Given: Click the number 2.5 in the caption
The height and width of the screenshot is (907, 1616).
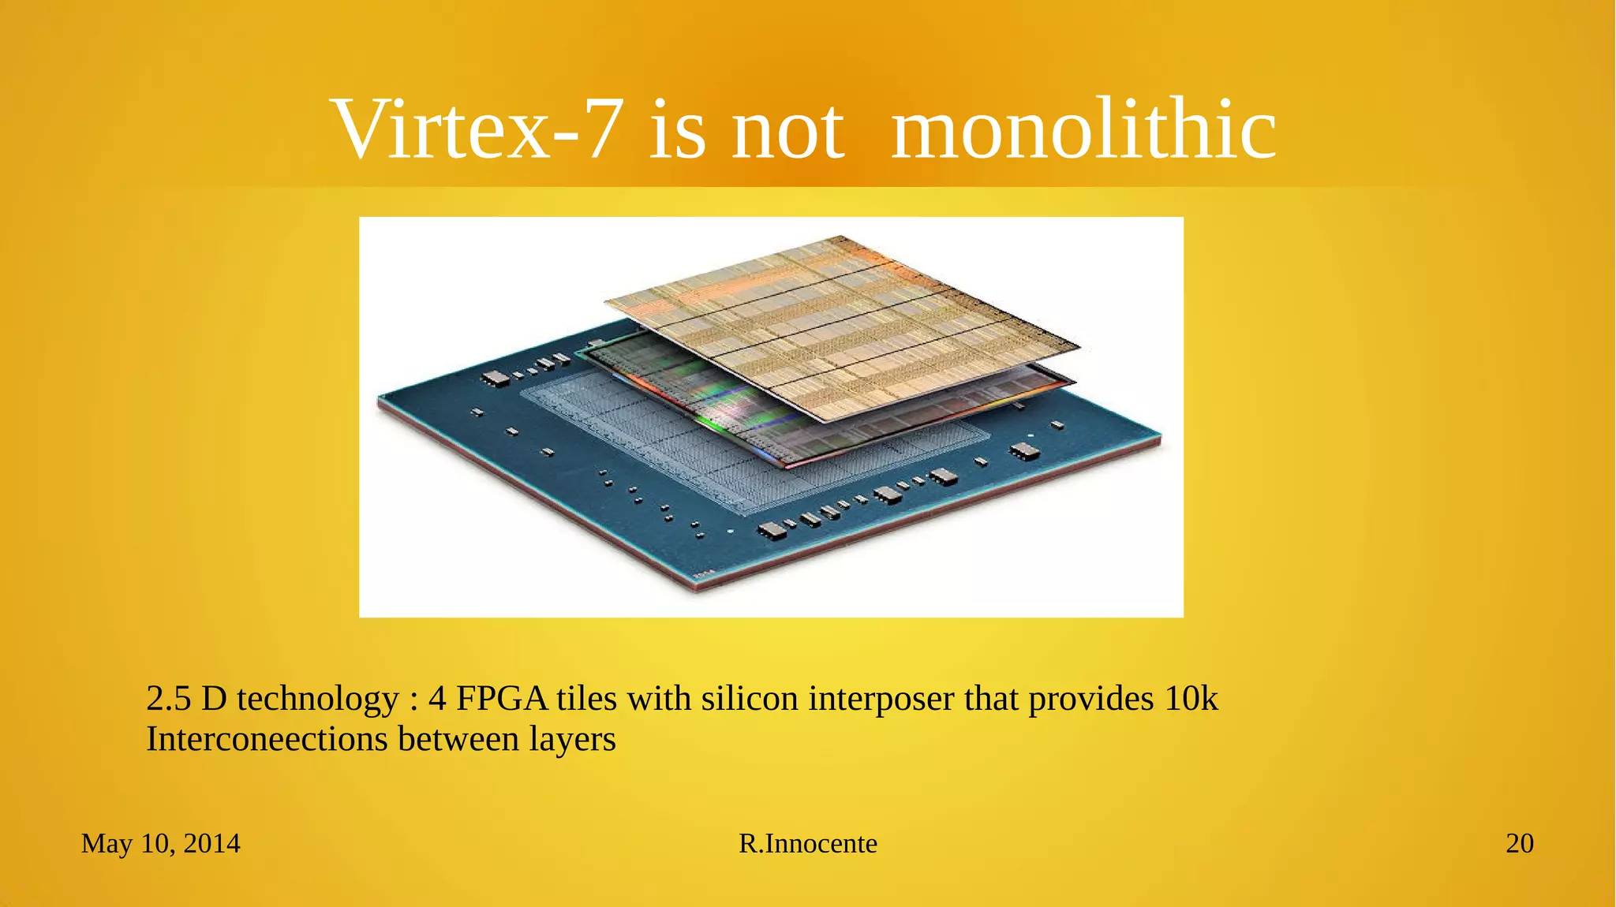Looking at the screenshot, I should coord(168,700).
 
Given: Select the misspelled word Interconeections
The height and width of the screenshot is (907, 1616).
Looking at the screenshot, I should coord(267,740).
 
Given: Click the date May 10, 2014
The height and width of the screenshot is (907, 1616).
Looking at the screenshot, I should coord(160,844).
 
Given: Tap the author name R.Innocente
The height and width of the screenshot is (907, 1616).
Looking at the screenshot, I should coord(807,844).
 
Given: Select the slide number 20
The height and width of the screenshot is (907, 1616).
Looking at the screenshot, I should coord(1519,844).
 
